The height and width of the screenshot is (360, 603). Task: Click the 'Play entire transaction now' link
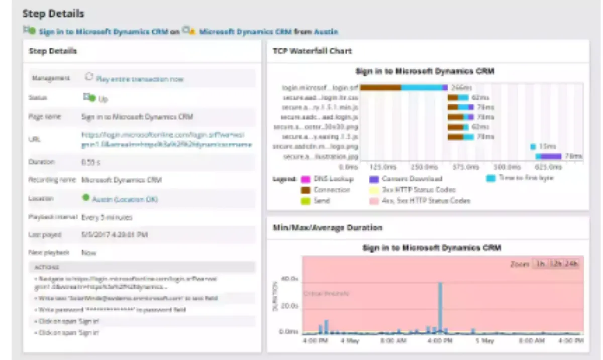point(139,79)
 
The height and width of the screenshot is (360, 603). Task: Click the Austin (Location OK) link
point(125,199)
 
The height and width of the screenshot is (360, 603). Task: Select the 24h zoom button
point(572,264)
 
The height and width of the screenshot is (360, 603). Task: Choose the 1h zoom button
point(540,264)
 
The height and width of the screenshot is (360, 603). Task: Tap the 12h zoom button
point(555,264)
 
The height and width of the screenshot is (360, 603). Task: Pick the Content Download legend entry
point(412,179)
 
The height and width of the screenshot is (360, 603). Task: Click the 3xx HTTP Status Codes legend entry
point(418,190)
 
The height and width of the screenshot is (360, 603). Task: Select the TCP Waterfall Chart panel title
point(312,51)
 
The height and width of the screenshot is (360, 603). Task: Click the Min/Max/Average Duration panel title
point(327,227)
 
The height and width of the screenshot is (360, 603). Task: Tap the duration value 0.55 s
point(90,162)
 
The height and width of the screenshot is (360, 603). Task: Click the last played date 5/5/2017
point(115,234)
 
